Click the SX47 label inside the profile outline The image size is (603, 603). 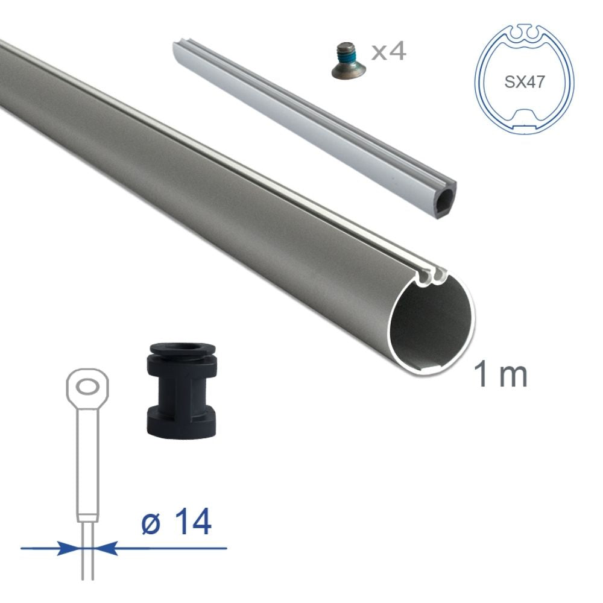[x=524, y=82]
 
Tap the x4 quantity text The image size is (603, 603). [x=388, y=51]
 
